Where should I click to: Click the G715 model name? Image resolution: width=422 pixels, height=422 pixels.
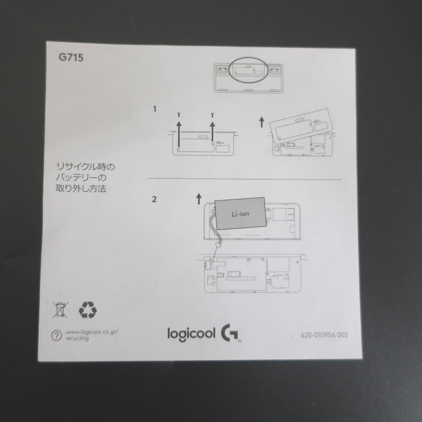(x=71, y=57)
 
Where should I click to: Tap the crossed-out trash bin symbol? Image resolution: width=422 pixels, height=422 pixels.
(x=60, y=309)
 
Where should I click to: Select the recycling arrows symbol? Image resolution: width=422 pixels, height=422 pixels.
(x=88, y=310)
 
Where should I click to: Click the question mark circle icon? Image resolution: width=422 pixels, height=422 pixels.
(x=57, y=335)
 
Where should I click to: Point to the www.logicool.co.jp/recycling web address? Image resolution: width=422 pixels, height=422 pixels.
(x=92, y=335)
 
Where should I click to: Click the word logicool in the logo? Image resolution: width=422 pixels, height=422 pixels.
(x=191, y=334)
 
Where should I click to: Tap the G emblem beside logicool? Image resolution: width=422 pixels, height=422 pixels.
(x=230, y=333)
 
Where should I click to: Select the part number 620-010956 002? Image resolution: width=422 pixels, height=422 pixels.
(x=324, y=335)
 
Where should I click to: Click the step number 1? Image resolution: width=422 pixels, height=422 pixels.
(x=154, y=109)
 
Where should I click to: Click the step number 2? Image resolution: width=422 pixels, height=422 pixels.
(x=154, y=200)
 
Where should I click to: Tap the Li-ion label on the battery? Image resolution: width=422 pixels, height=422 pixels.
(x=241, y=214)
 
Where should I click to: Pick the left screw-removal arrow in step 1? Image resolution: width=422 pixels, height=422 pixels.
(x=179, y=134)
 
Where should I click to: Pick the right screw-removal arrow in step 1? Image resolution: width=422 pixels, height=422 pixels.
(x=212, y=132)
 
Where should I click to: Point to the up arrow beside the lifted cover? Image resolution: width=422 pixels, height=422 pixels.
(x=261, y=122)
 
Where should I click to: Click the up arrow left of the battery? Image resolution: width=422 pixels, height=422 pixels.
(x=199, y=199)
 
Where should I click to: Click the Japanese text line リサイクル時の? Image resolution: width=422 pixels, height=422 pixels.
(x=86, y=167)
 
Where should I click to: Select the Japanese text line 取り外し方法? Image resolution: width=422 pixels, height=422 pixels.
(x=81, y=188)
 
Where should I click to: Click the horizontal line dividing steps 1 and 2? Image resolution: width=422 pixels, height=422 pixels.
(x=245, y=179)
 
